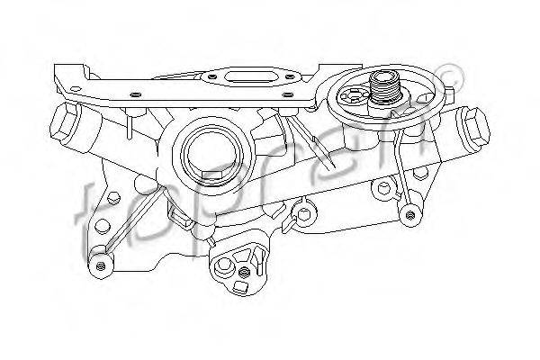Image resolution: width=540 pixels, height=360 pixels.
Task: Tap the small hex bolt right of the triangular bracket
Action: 304,213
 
